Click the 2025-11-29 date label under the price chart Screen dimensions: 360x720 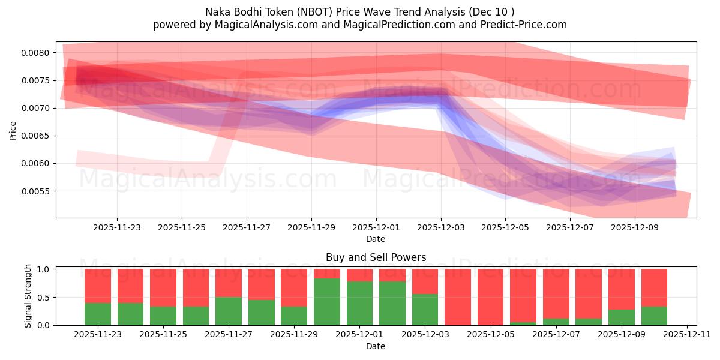point(311,228)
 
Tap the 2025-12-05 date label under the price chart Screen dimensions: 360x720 point(505,228)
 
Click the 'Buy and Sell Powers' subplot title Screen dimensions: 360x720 point(376,257)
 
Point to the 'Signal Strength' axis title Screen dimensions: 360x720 point(28,296)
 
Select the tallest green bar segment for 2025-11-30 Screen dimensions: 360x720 point(327,302)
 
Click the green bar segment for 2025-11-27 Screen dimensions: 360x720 point(229,311)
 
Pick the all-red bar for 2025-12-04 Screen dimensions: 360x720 point(458,297)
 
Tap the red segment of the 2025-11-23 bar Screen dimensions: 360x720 point(98,286)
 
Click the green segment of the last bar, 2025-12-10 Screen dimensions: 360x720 point(654,316)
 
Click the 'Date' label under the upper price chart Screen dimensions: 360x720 point(376,239)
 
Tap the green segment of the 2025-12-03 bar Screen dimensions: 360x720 point(425,310)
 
